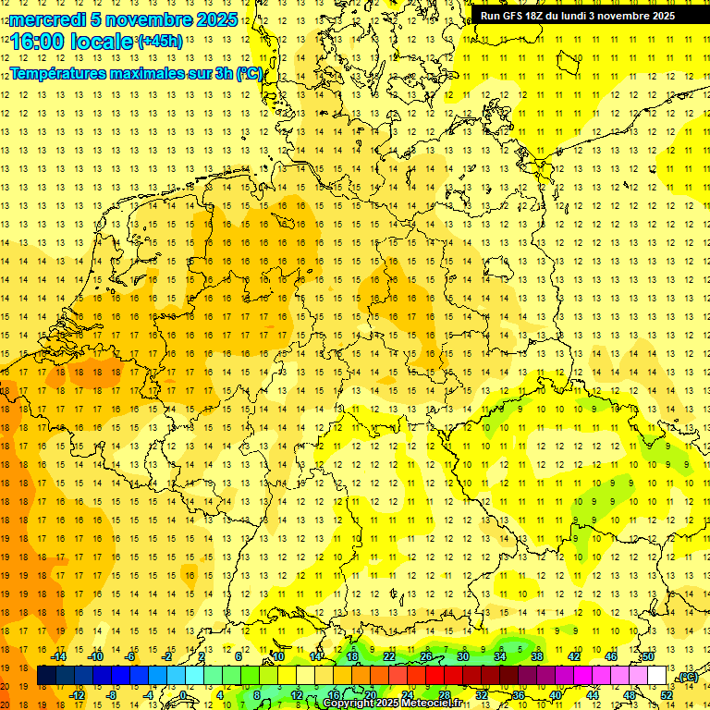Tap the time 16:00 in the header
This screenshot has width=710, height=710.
(37, 42)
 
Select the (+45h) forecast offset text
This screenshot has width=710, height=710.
(160, 41)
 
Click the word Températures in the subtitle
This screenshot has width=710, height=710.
(59, 73)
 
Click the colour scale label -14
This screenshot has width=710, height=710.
(59, 656)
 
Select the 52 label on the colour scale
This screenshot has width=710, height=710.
(666, 695)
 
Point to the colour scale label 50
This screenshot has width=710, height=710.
(648, 656)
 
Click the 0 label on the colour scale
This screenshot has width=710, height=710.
(183, 695)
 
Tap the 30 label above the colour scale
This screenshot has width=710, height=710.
(463, 656)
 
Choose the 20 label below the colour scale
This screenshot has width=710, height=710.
(370, 695)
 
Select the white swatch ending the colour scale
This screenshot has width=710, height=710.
(657, 676)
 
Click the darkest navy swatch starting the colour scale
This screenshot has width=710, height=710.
(47, 676)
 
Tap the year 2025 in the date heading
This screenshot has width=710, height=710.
(217, 19)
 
